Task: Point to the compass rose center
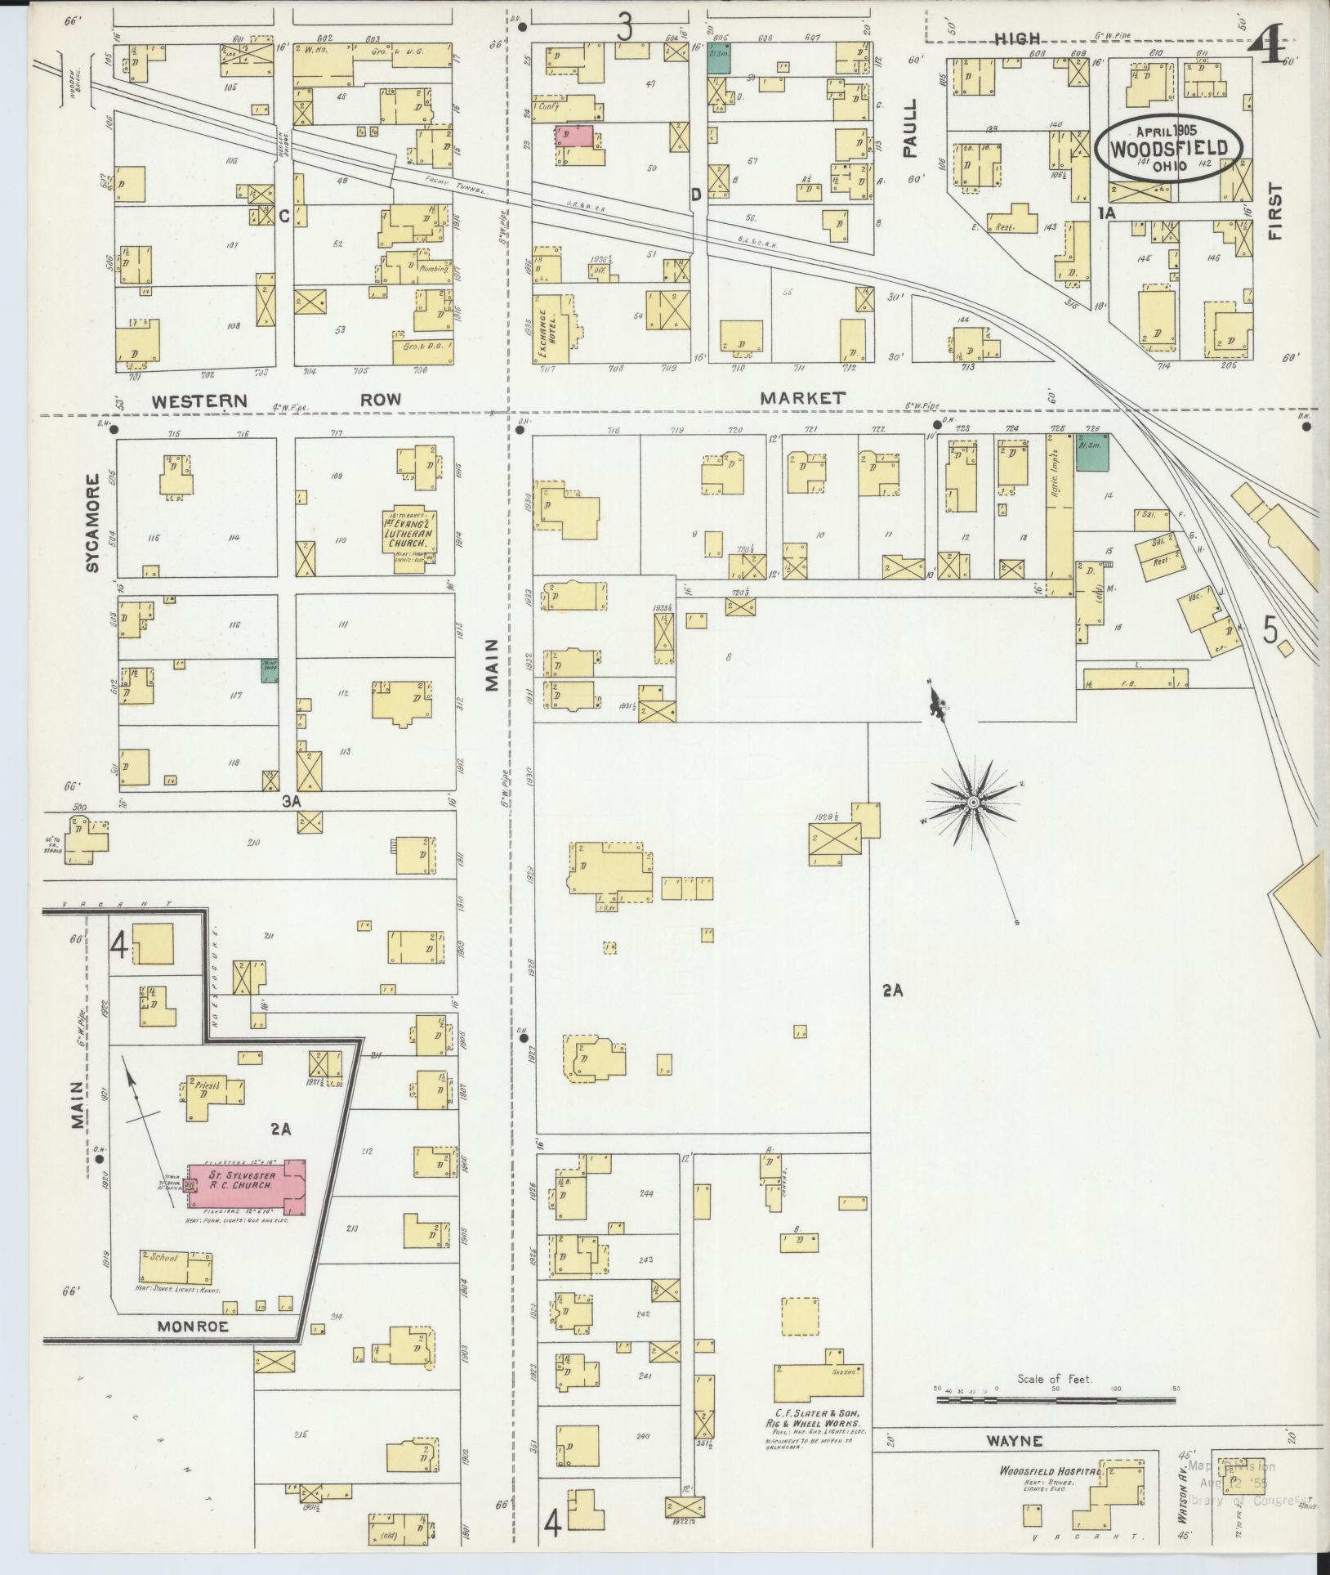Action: [973, 803]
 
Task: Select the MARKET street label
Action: [801, 398]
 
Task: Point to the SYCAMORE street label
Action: [91, 523]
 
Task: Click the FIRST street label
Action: [1276, 211]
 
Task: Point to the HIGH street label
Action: [1017, 38]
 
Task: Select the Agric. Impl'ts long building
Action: [1060, 515]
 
